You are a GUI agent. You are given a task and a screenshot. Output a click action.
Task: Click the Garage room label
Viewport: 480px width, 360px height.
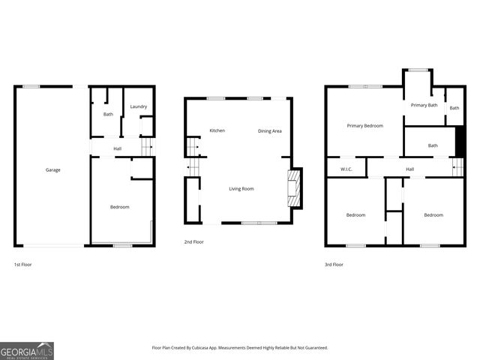pyautogui.click(x=52, y=170)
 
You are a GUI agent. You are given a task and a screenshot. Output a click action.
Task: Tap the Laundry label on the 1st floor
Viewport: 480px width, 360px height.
pyautogui.click(x=138, y=107)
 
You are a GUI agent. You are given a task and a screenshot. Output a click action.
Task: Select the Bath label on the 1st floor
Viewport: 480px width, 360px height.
pyautogui.click(x=108, y=115)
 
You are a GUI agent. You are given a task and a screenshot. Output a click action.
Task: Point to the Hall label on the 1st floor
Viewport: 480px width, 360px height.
pyautogui.click(x=118, y=148)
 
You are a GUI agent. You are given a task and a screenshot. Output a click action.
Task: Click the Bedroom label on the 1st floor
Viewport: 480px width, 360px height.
pyautogui.click(x=120, y=207)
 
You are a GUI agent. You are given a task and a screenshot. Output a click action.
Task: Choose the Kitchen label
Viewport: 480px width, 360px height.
pyautogui.click(x=217, y=131)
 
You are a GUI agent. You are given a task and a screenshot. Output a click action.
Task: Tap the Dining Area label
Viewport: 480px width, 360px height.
pyautogui.click(x=270, y=131)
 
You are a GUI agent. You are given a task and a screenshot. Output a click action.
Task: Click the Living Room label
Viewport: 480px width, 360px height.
pyautogui.click(x=241, y=189)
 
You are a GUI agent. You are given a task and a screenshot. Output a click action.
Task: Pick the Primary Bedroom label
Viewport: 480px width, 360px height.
pyautogui.click(x=365, y=126)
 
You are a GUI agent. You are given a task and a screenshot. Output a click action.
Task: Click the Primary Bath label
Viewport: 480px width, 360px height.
pyautogui.click(x=424, y=105)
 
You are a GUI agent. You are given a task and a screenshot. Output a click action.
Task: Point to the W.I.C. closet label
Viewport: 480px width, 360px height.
pyautogui.click(x=346, y=169)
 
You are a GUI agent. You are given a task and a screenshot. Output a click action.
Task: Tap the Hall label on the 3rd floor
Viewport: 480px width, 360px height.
pyautogui.click(x=409, y=169)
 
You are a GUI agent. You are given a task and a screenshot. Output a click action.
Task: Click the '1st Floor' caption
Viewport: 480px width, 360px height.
pyautogui.click(x=22, y=265)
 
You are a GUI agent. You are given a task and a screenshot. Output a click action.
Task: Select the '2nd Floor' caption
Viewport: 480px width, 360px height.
pyautogui.click(x=193, y=242)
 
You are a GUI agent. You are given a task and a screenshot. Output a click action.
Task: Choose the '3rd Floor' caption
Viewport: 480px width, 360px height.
pyautogui.click(x=334, y=265)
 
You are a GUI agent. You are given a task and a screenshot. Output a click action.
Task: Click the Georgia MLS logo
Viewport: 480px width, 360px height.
pyautogui.click(x=27, y=351)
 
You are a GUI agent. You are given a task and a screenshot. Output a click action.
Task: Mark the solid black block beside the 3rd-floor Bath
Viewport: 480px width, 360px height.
pyautogui.click(x=460, y=140)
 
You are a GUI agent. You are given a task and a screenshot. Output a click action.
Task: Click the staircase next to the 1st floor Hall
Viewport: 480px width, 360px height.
pyautogui.click(x=146, y=148)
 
